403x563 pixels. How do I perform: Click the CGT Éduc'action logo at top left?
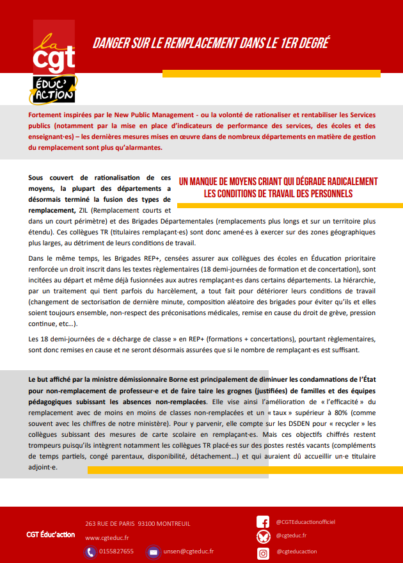coord(54,62)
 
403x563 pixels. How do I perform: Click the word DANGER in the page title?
coord(111,44)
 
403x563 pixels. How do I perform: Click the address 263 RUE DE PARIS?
coord(109,524)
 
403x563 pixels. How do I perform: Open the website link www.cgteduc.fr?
coord(107,538)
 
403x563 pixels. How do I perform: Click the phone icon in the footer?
coord(90,551)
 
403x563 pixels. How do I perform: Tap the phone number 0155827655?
coord(118,551)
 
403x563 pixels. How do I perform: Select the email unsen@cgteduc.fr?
coord(189,551)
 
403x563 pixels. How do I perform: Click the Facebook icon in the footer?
coord(262,522)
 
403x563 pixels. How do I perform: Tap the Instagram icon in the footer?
coord(262,552)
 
